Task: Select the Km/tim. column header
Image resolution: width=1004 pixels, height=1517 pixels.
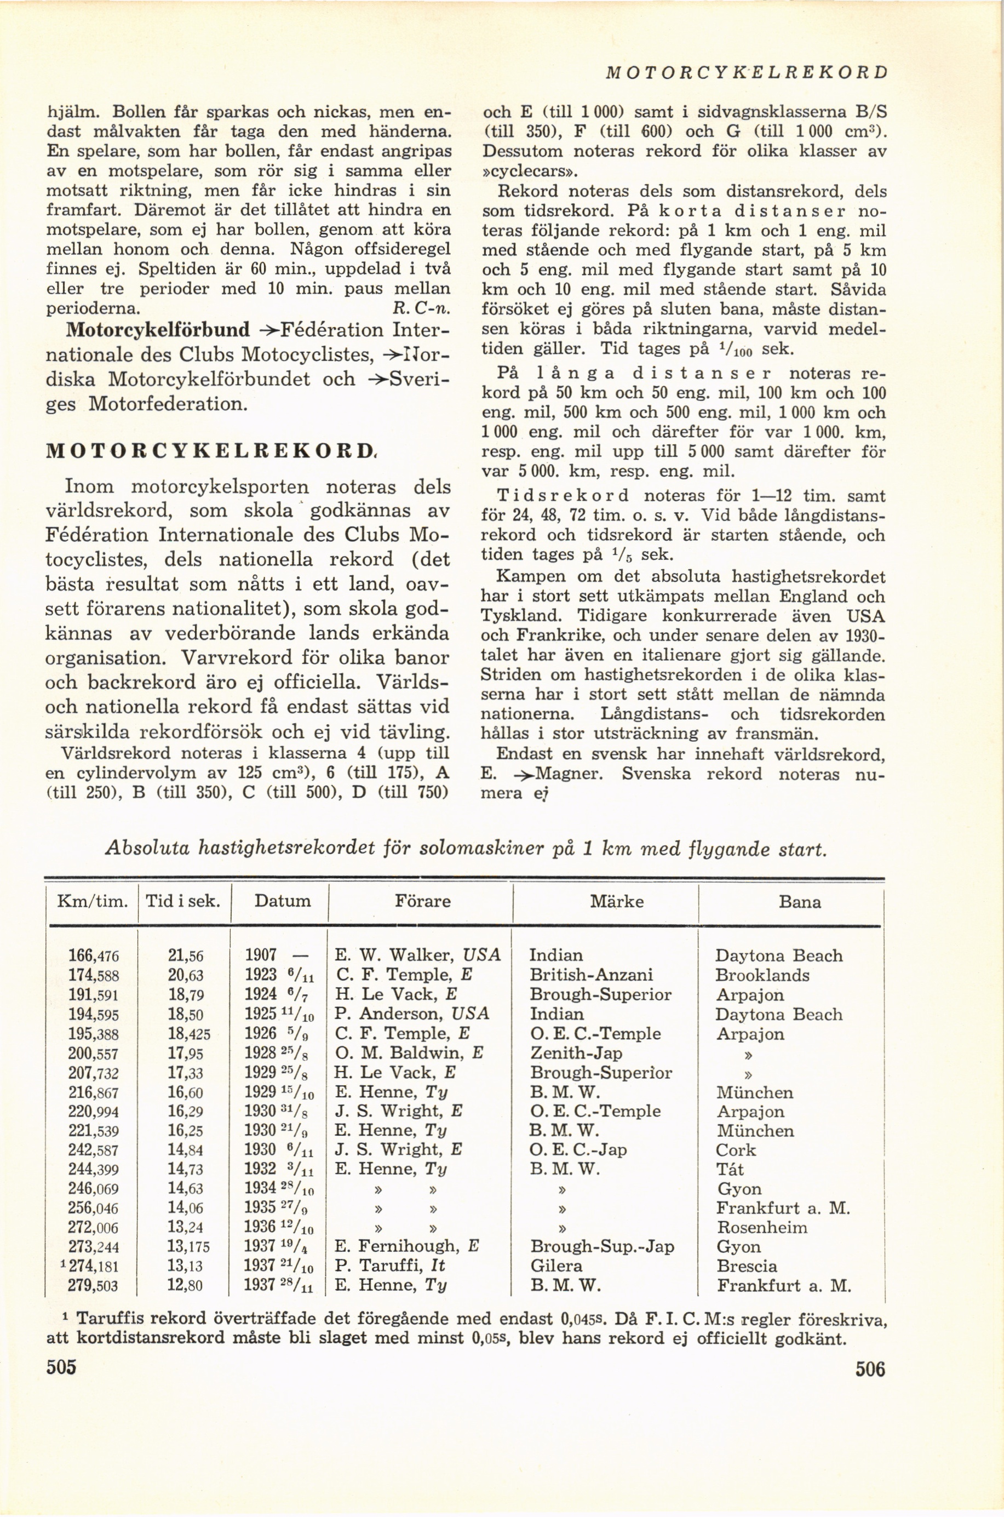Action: click(x=92, y=902)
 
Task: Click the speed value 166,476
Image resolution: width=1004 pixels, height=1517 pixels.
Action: click(x=94, y=955)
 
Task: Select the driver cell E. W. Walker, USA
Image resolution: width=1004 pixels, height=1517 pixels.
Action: click(x=418, y=955)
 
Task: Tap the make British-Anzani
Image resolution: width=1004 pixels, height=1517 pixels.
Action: click(x=591, y=975)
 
